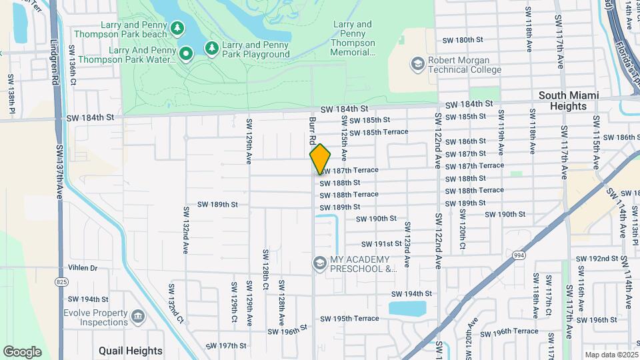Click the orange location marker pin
[320, 159]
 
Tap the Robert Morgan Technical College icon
[418, 64]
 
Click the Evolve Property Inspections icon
[138, 315]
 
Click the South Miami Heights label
[568, 101]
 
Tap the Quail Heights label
[130, 351]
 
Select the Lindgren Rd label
[53, 60]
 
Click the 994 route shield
[519, 255]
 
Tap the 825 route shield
[61, 281]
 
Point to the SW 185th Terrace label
[379, 132]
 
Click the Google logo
[22, 351]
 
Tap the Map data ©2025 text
[611, 355]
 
